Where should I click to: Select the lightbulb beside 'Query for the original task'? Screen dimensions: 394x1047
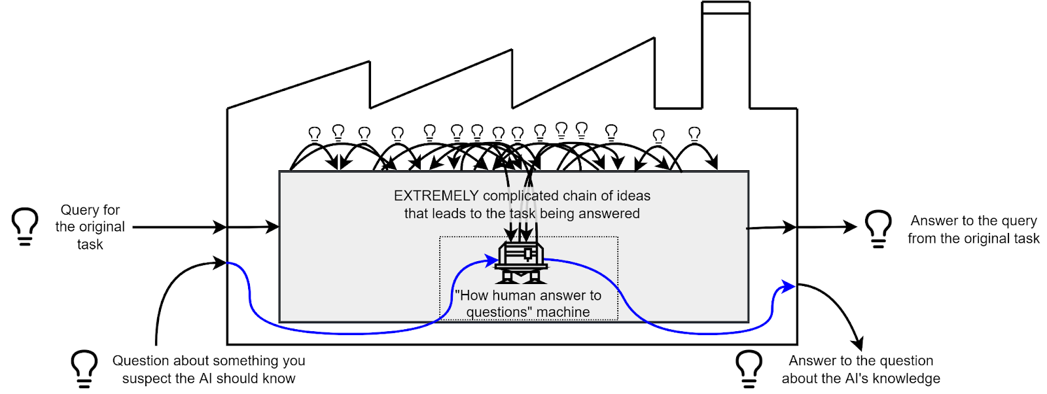coord(25,226)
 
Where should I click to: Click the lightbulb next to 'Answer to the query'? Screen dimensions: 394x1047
coord(878,228)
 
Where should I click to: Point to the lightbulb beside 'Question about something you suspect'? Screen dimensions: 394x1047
coord(84,368)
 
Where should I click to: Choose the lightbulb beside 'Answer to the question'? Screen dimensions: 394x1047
coord(749,368)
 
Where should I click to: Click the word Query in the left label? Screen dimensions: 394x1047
coord(76,210)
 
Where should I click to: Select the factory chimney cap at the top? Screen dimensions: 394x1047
coord(726,7)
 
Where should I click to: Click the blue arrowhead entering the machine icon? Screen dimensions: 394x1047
coord(491,262)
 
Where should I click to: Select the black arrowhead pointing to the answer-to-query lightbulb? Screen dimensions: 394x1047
coord(850,227)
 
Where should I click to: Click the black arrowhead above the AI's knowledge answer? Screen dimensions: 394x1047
coord(857,344)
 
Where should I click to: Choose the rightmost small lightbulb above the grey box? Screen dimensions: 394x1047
coord(694,135)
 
